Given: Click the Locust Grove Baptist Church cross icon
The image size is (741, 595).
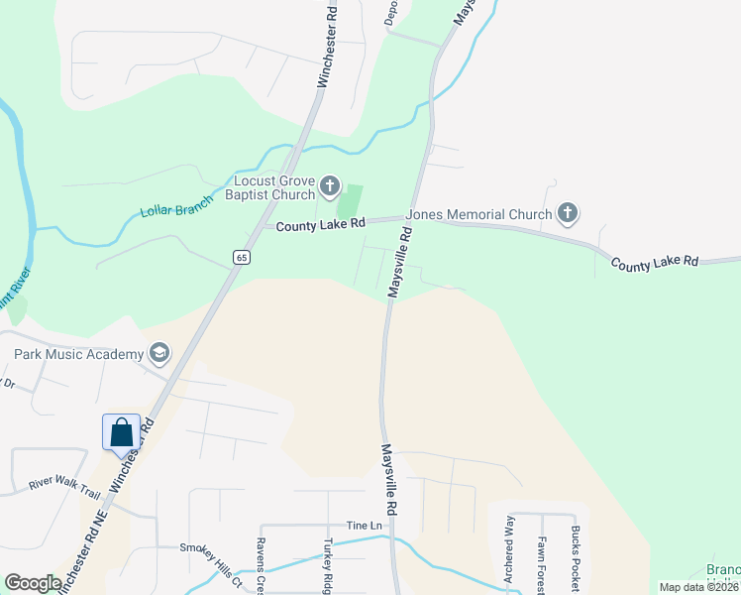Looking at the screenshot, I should tap(331, 186).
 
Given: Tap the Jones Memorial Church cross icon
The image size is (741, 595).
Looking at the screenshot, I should tap(568, 213).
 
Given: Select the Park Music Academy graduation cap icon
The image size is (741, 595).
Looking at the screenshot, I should tap(159, 353).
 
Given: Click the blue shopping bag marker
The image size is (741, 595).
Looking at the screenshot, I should tap(121, 433).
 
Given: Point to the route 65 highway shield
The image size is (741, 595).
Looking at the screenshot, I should tap(241, 257).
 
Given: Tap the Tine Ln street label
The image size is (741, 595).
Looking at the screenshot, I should tap(364, 525).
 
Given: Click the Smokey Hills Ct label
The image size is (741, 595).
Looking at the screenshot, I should tap(210, 547).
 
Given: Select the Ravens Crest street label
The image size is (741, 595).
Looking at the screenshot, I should tap(262, 565).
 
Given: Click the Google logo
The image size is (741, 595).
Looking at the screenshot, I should tap(33, 583).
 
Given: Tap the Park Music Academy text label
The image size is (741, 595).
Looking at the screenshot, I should tap(78, 353).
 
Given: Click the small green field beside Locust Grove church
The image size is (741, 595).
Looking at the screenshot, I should tap(350, 201).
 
